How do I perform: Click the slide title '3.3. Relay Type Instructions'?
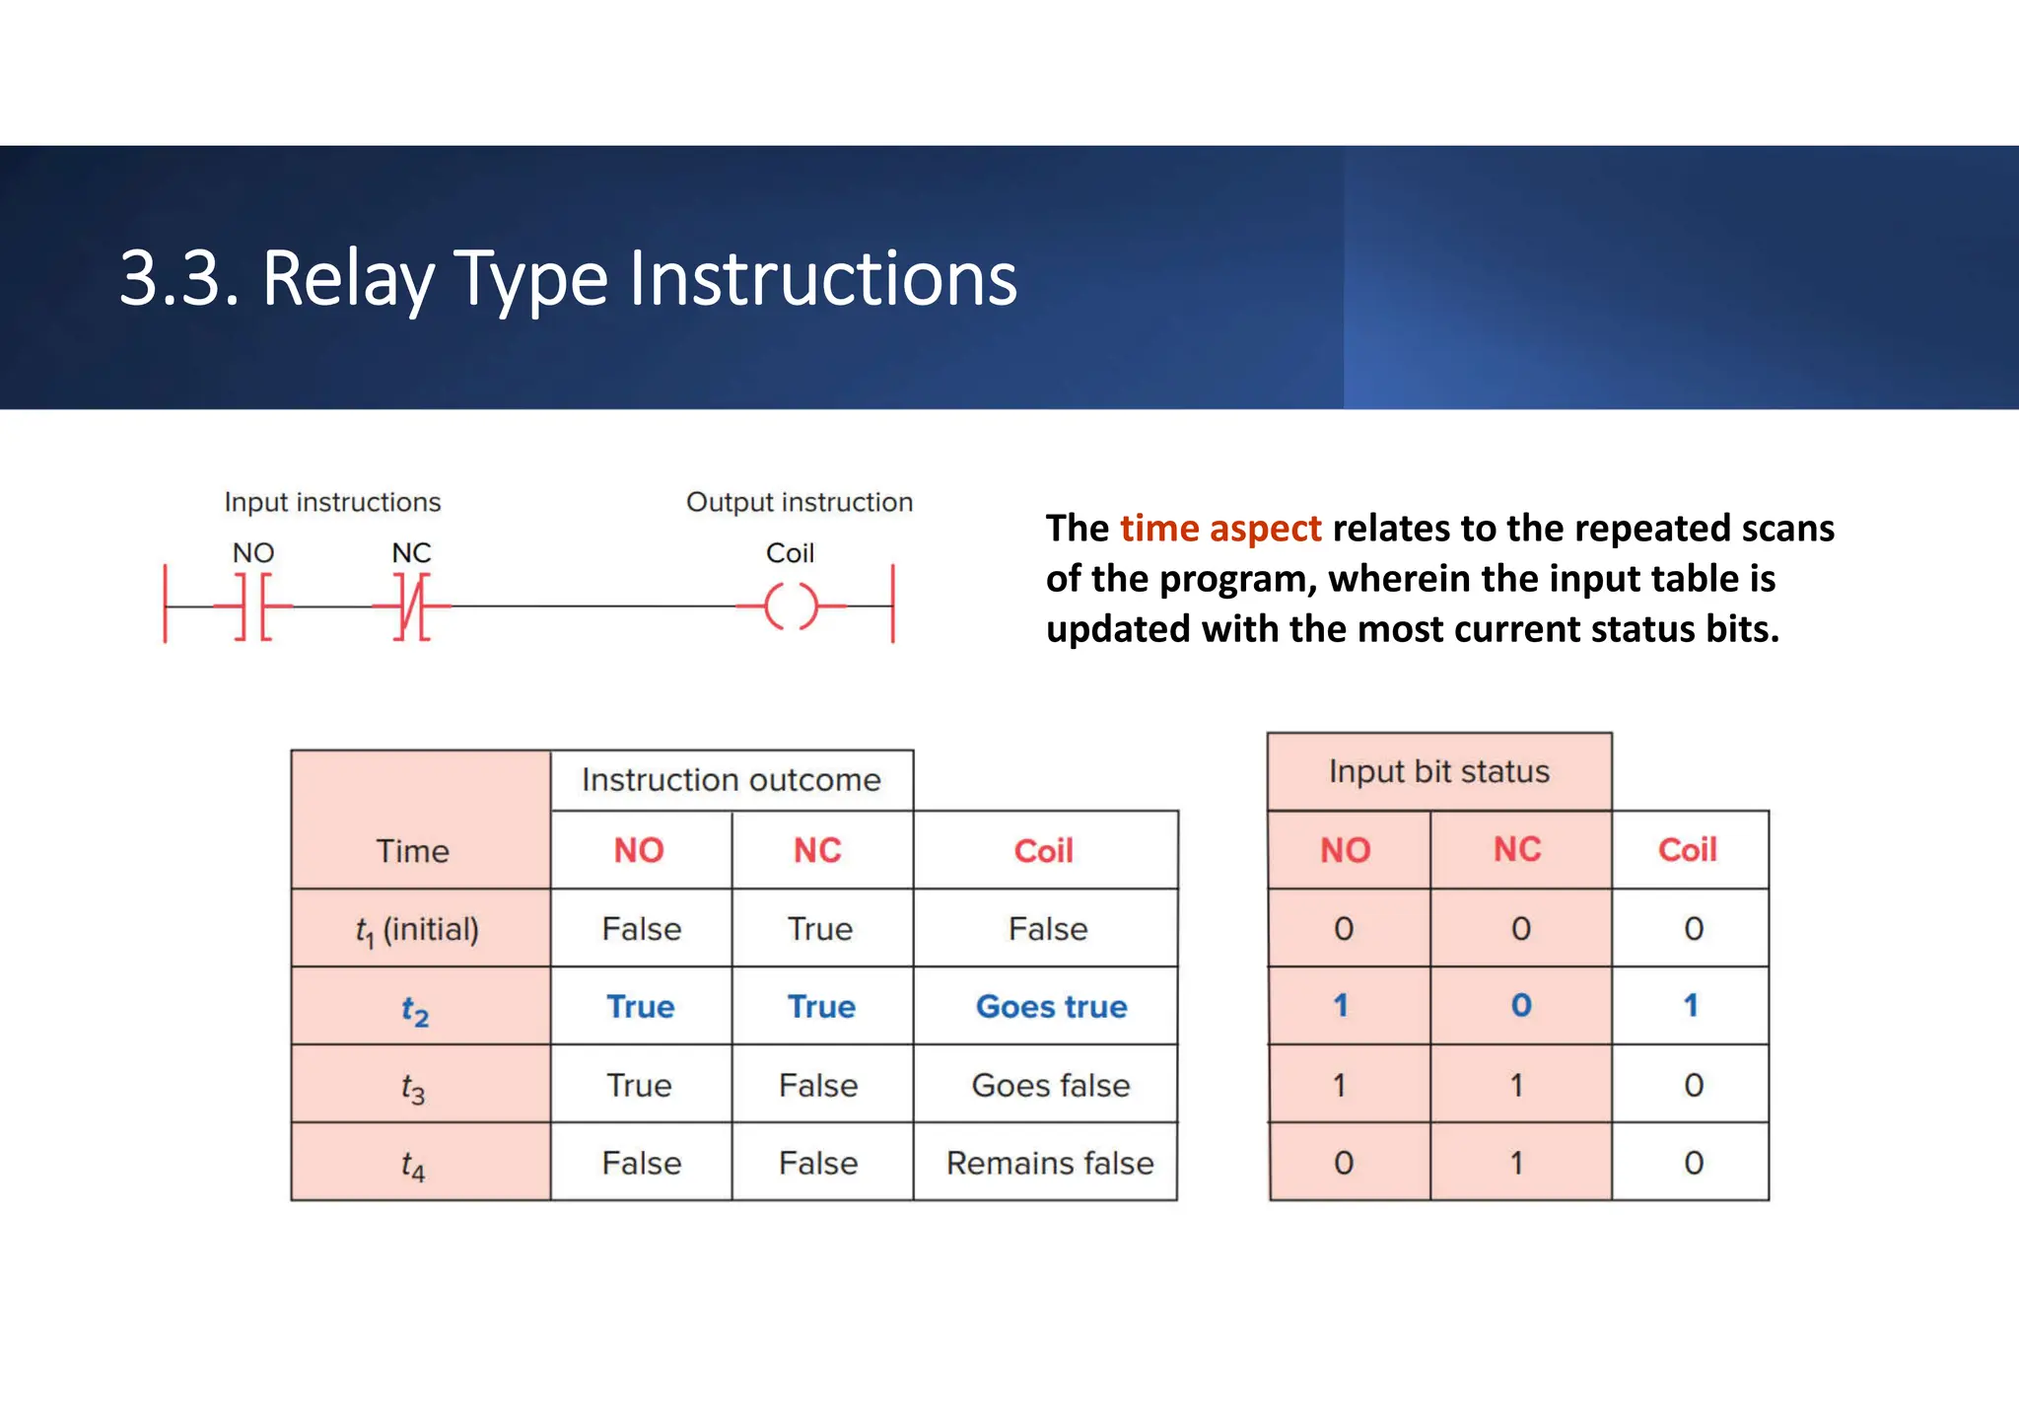[x=568, y=279]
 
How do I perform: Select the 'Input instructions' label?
[x=332, y=503]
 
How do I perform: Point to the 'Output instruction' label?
[x=799, y=503]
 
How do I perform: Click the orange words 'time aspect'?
[x=1219, y=529]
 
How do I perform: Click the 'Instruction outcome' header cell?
[x=731, y=780]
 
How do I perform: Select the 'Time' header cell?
[x=412, y=850]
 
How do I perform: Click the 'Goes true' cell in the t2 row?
[x=1051, y=1007]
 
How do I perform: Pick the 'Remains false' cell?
[x=1049, y=1164]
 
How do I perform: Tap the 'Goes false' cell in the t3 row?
[x=1050, y=1086]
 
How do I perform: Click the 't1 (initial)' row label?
[x=417, y=930]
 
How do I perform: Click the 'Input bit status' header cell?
[x=1438, y=771]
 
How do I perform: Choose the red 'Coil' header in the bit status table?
[x=1687, y=850]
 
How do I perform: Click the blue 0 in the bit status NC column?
[x=1521, y=1006]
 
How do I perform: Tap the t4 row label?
[x=413, y=1166]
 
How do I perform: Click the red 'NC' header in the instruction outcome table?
[x=817, y=850]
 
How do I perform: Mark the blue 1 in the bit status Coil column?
[x=1691, y=1006]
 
